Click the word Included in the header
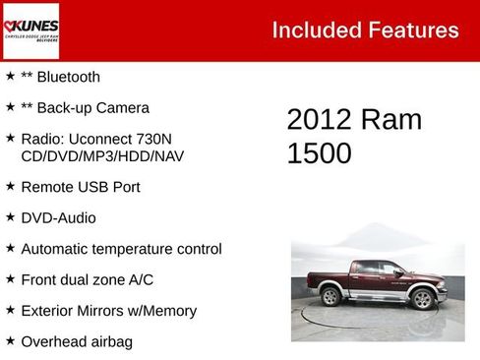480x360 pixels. (x=312, y=30)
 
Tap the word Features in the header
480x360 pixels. (x=411, y=30)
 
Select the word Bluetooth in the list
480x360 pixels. (x=68, y=77)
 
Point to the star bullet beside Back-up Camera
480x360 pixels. (x=10, y=106)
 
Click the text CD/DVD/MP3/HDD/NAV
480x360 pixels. (x=102, y=155)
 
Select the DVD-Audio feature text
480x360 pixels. (x=58, y=218)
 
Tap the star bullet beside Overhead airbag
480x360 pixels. (x=10, y=340)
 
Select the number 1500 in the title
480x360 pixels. (x=319, y=153)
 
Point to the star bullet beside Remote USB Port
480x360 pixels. (x=10, y=185)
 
